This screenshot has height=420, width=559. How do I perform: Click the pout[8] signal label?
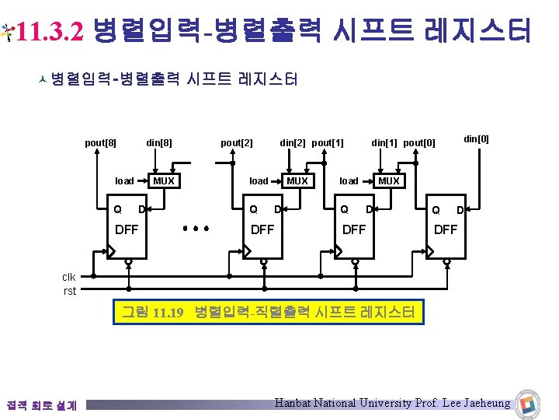point(100,143)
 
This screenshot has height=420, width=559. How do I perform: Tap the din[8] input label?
point(159,143)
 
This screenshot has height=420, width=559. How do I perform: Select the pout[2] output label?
point(237,143)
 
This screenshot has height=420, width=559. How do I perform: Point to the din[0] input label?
point(476,138)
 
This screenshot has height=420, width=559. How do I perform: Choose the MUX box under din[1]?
point(388,180)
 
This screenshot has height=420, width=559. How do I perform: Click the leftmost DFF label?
point(127,229)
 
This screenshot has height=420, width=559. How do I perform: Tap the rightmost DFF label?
point(446,229)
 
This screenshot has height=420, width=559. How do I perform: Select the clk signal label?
point(69,277)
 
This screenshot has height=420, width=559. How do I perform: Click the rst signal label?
point(70,292)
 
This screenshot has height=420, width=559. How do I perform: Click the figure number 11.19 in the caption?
point(167,313)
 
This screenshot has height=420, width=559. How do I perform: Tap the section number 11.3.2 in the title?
point(49,31)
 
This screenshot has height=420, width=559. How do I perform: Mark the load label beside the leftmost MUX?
point(124,180)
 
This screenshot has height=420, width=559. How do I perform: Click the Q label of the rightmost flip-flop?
point(436,210)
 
